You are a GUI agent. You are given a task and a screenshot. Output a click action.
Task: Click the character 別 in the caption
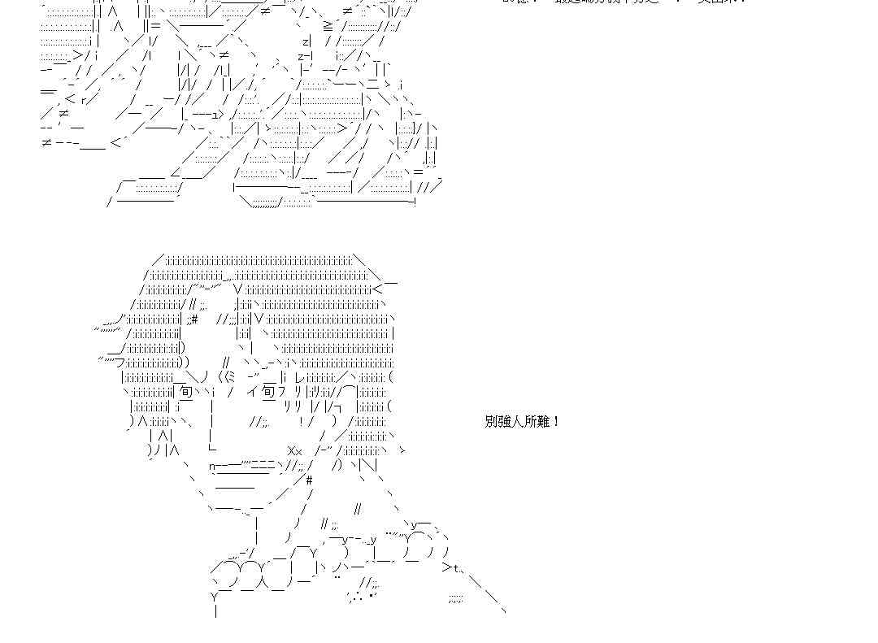click(x=490, y=421)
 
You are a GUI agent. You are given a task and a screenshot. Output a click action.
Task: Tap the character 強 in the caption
click(x=503, y=421)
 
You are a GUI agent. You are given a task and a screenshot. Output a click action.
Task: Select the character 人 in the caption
click(x=517, y=421)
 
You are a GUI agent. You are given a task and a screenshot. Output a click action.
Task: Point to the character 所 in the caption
click(x=530, y=421)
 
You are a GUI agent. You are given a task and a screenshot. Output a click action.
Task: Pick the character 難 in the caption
click(x=543, y=421)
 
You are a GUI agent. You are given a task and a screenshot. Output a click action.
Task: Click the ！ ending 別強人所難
click(x=556, y=421)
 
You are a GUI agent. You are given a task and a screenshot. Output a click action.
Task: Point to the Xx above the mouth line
click(x=294, y=451)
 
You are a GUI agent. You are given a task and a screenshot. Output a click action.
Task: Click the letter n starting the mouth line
click(x=212, y=466)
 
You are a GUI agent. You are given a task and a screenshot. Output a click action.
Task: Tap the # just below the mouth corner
click(x=309, y=480)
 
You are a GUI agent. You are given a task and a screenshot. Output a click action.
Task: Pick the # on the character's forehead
click(x=194, y=318)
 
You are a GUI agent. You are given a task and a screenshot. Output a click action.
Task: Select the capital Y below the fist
click(x=215, y=597)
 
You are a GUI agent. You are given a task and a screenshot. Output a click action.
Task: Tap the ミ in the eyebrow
click(x=230, y=376)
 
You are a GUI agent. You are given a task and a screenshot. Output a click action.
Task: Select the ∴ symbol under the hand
click(x=356, y=597)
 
